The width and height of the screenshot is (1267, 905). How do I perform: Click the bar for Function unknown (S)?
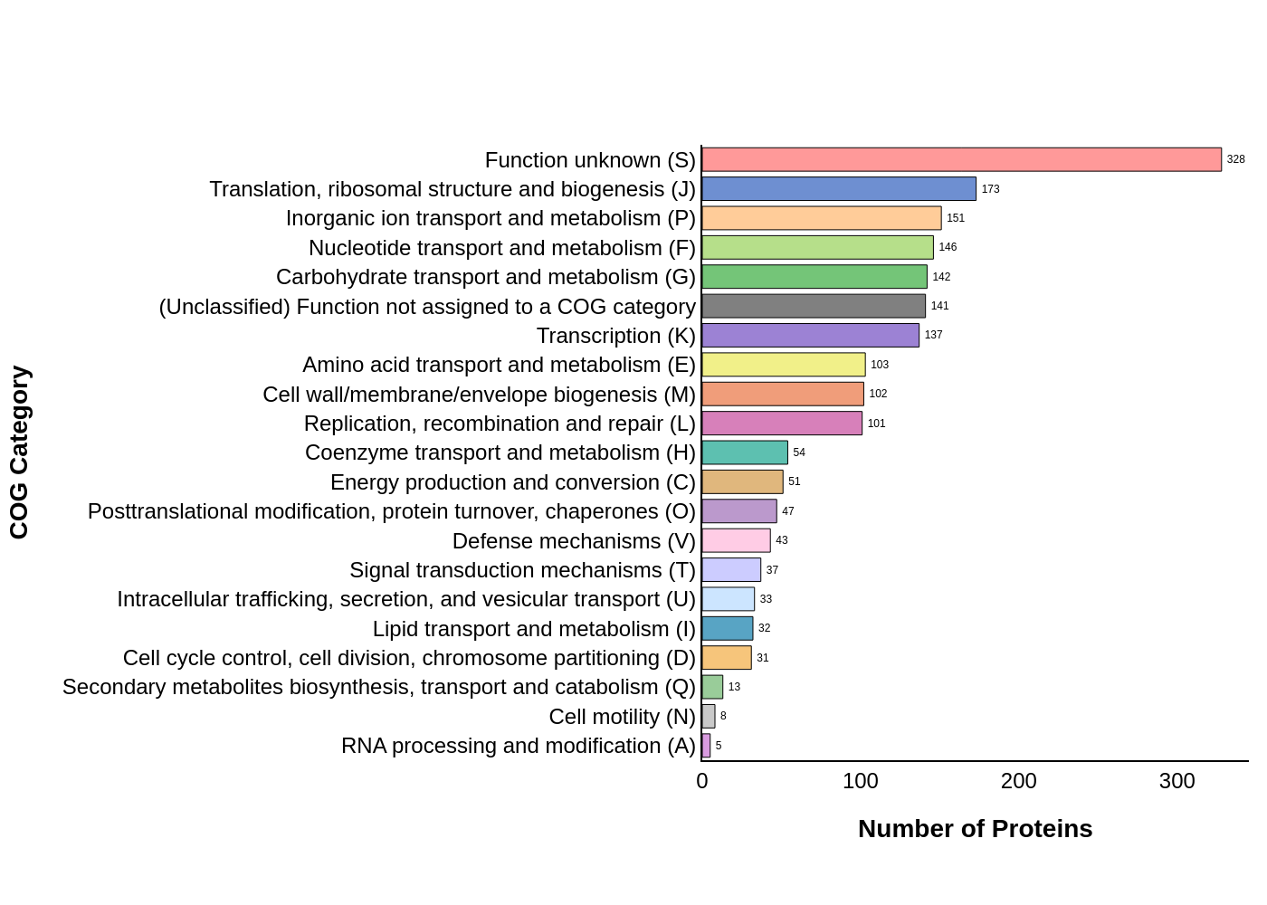[961, 160]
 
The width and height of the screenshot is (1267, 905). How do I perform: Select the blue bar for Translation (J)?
[839, 189]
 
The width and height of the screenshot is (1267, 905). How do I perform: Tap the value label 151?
[956, 218]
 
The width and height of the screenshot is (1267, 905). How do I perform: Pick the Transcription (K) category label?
[615, 336]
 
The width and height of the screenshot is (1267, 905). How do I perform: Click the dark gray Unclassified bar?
[814, 306]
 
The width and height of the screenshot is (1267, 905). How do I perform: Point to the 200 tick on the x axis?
[1019, 781]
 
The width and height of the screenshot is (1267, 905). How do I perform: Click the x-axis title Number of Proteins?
[975, 829]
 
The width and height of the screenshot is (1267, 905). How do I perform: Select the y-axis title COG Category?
[19, 452]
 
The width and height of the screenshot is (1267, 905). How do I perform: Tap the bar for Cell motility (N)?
[709, 717]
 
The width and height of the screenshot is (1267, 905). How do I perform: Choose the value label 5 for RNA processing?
[719, 746]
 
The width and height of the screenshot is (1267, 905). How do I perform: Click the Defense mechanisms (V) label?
[574, 541]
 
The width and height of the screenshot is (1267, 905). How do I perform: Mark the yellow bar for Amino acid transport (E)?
[784, 365]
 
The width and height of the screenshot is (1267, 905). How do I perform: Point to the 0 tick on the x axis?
[702, 781]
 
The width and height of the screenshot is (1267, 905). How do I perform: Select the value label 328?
[1235, 160]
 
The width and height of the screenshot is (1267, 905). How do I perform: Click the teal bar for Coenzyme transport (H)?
[745, 452]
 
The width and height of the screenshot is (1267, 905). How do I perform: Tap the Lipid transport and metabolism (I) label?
[534, 629]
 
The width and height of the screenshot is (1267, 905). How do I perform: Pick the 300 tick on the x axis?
[1177, 781]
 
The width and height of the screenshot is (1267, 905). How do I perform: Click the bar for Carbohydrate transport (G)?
[814, 277]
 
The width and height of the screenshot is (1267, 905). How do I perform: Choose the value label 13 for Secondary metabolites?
[734, 687]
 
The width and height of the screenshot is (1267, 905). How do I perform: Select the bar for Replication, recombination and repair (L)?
[782, 424]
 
